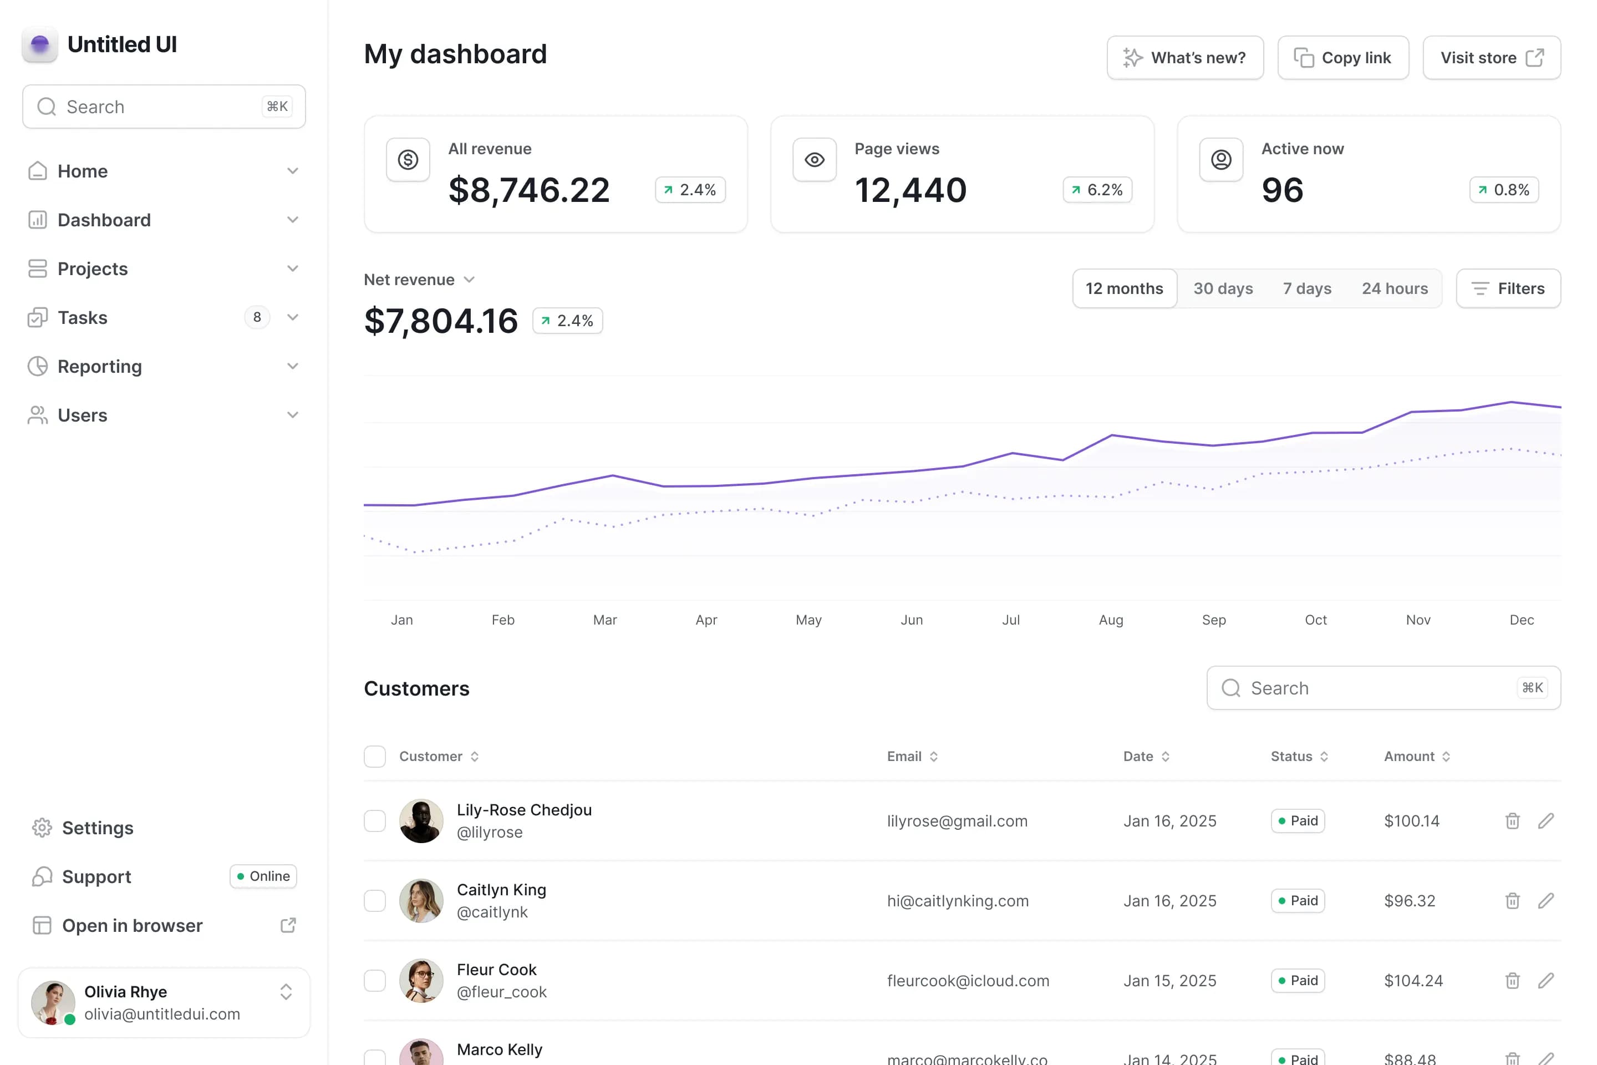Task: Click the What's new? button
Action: (1184, 58)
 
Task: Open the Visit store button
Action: (1491, 58)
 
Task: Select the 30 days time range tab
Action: (1223, 288)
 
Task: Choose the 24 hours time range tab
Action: (1394, 288)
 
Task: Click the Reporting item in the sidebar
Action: (100, 367)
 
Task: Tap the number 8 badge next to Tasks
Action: (257, 317)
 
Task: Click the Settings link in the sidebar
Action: (97, 828)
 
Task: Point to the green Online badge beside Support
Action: (263, 876)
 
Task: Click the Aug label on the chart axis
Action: (1111, 620)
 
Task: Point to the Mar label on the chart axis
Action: (604, 620)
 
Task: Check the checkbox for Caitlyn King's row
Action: (375, 901)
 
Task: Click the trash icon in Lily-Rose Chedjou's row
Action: (1512, 821)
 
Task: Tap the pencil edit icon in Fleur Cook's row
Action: (1546, 981)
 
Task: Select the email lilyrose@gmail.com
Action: (957, 821)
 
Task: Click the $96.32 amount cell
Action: (1410, 901)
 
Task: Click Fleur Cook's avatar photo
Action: (421, 981)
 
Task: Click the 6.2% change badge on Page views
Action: (1097, 190)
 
